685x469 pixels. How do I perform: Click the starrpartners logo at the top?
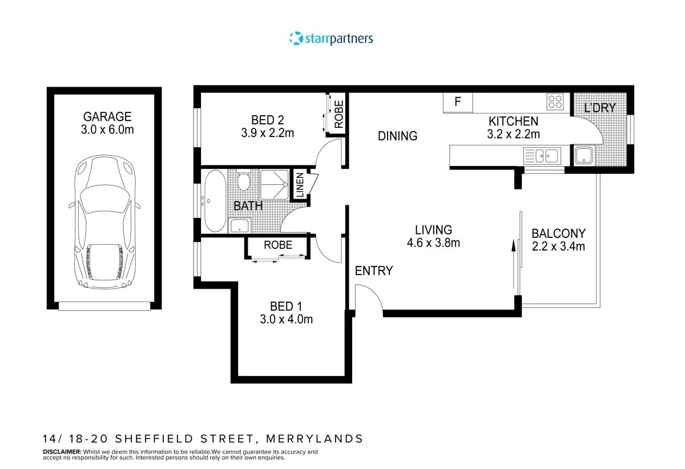(331, 39)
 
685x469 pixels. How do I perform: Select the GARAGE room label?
(107, 116)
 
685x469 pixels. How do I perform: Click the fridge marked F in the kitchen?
(457, 102)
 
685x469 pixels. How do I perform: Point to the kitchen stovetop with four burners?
(555, 102)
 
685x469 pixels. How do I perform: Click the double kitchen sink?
(543, 155)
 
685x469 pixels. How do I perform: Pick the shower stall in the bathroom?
(275, 184)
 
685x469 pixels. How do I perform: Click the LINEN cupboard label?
(300, 185)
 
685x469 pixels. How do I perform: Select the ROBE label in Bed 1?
(278, 245)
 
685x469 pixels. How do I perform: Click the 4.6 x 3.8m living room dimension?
(433, 242)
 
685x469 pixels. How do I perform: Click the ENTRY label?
(374, 270)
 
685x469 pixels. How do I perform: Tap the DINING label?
(397, 136)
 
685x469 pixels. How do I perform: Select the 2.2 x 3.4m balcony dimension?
(558, 246)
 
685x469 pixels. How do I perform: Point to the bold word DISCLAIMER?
(62, 451)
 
